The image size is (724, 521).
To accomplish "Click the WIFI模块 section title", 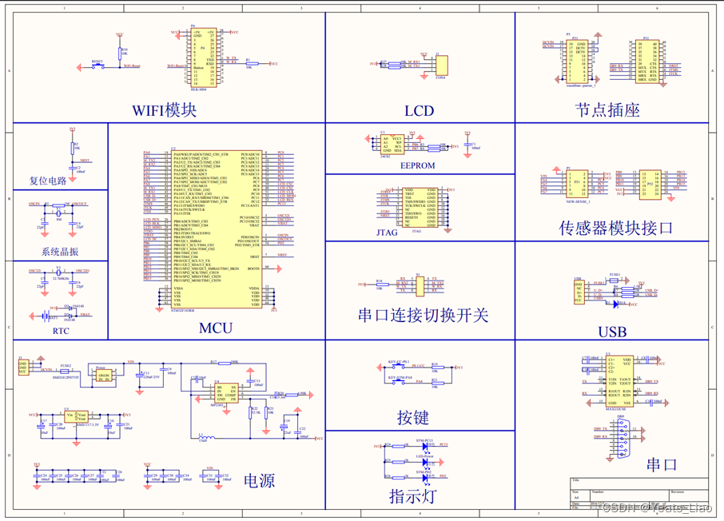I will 165,109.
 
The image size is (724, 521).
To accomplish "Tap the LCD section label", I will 419,110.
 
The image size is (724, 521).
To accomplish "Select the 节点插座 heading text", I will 607,110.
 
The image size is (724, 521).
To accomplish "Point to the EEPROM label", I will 417,165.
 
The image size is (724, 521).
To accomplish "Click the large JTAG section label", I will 387,233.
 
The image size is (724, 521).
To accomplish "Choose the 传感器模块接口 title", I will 616,228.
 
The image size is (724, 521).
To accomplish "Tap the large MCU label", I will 216,328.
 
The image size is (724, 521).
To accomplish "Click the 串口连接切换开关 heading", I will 423,315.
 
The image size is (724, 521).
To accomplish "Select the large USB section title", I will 612,332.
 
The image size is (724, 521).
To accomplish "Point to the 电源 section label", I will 260,480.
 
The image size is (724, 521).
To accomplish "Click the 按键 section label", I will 413,416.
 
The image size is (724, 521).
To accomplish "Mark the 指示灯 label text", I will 413,496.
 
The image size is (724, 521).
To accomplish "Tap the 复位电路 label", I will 48,181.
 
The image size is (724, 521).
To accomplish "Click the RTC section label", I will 61,331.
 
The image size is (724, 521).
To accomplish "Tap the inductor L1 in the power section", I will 205,438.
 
